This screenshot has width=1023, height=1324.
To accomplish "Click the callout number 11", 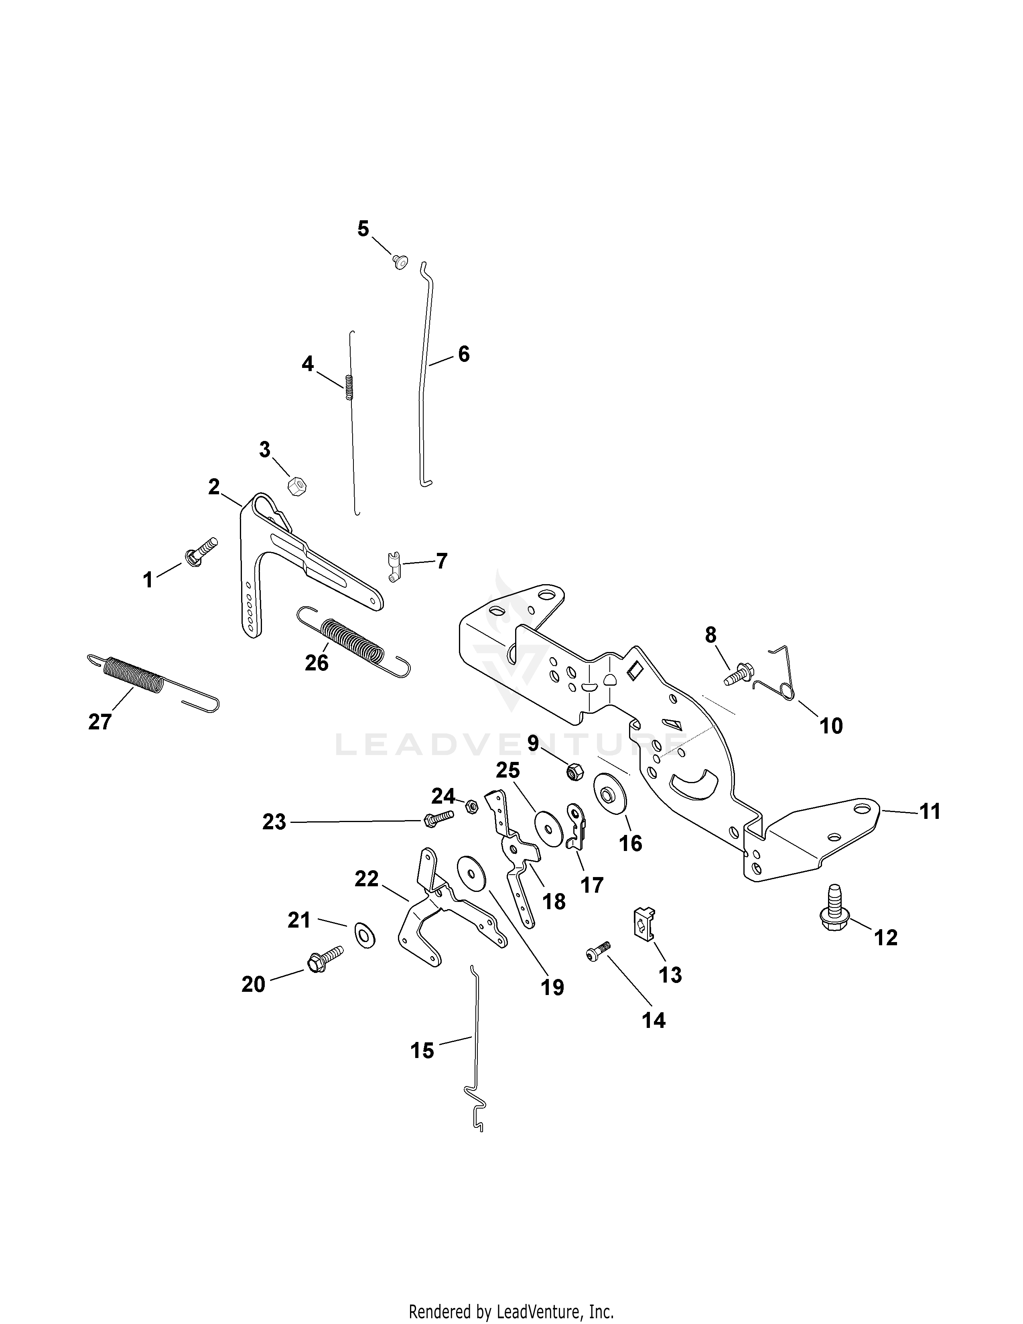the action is click(x=930, y=811).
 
